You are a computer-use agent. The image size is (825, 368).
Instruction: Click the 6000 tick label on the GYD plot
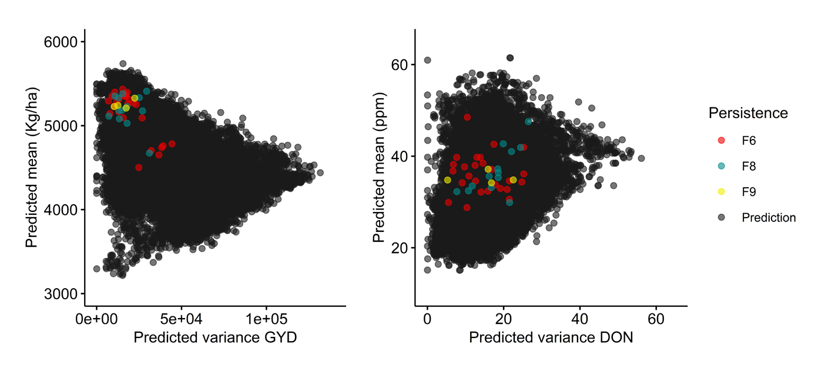[x=61, y=42]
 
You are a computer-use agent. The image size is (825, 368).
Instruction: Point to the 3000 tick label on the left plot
[x=61, y=293]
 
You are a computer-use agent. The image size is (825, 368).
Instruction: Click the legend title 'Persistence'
[x=748, y=113]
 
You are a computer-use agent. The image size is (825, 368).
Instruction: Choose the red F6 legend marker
[x=722, y=140]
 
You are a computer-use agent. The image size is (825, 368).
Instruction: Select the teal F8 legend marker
[x=722, y=166]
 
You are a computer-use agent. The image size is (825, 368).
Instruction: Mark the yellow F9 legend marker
[x=722, y=191]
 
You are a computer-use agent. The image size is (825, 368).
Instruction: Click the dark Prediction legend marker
[x=722, y=217]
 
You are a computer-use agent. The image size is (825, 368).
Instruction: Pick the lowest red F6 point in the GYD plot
[x=139, y=167]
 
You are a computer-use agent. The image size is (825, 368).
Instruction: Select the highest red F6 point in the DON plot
[x=467, y=117]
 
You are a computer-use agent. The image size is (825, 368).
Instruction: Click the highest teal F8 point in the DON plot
[x=528, y=121]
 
